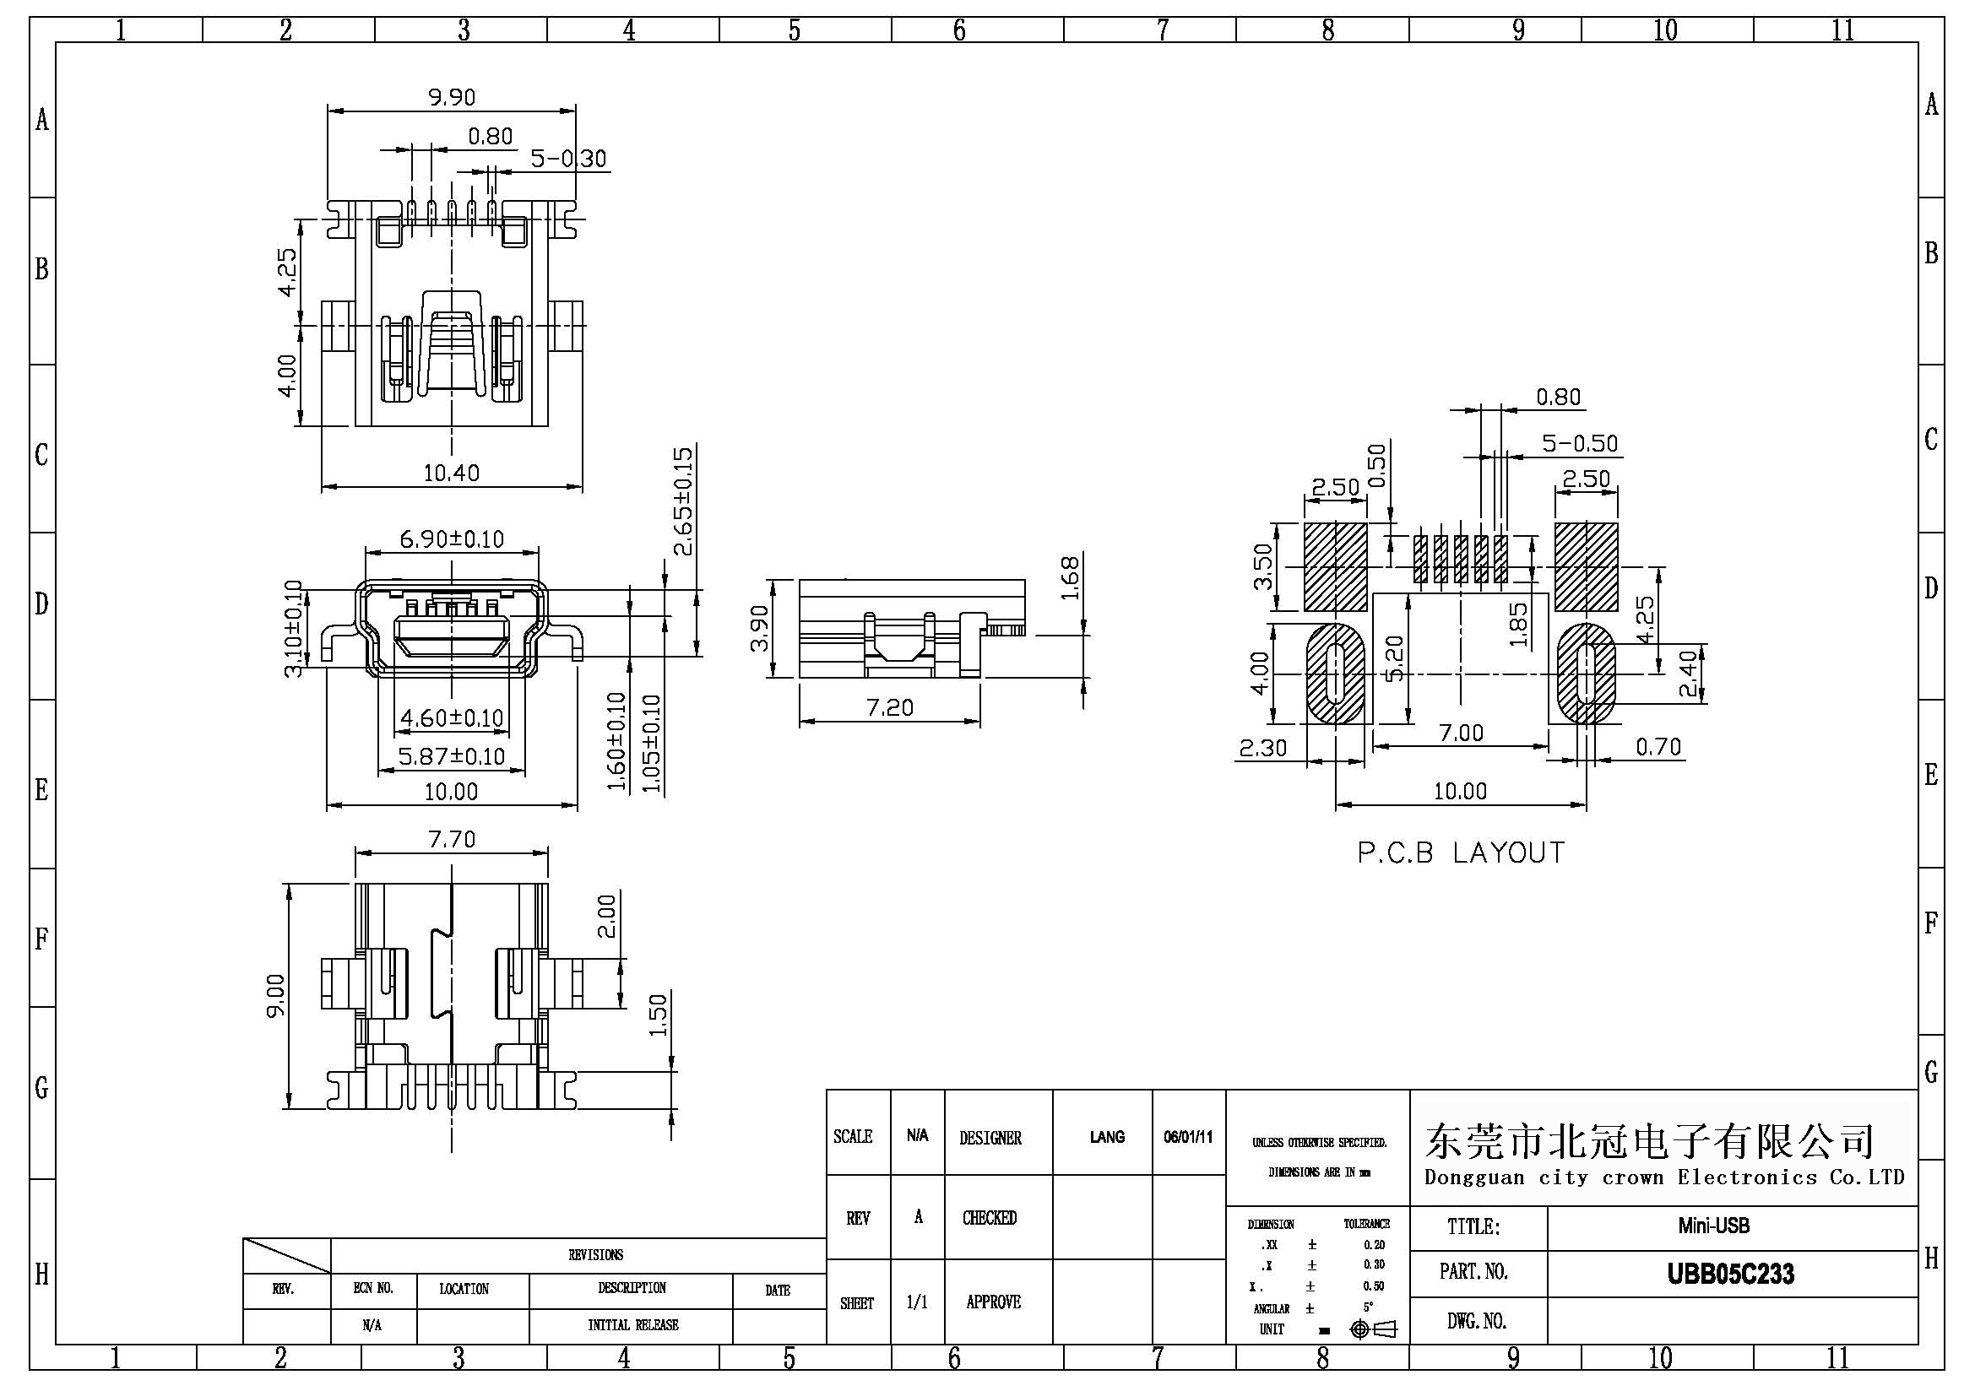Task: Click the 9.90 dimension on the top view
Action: (452, 97)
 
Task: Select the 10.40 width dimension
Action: (452, 473)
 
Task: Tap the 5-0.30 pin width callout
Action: (567, 159)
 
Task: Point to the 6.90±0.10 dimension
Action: (452, 539)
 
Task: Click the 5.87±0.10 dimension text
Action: (452, 756)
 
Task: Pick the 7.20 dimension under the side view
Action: (889, 707)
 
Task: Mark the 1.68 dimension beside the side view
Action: (1069, 578)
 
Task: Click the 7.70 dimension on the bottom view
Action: (452, 839)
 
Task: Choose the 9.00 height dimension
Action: (275, 995)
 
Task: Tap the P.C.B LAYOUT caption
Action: (1461, 852)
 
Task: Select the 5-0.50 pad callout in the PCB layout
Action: (1579, 444)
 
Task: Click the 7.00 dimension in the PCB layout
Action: (1462, 733)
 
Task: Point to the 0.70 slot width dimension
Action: (1658, 746)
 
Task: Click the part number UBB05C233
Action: (1731, 1274)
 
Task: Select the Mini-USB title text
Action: (1713, 1225)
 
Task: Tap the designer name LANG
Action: (1106, 1137)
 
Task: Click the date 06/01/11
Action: (1188, 1137)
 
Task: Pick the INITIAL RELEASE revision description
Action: (633, 1325)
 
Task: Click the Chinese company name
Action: (1649, 1141)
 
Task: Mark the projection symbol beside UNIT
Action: (1374, 1329)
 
